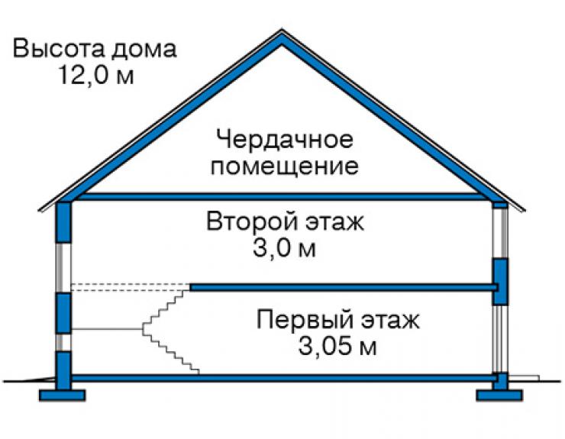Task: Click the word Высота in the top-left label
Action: pyautogui.click(x=59, y=49)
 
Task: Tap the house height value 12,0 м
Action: pyautogui.click(x=95, y=75)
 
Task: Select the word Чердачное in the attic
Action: pyautogui.click(x=285, y=139)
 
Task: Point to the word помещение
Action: pyautogui.click(x=285, y=166)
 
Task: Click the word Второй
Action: pyautogui.click(x=251, y=221)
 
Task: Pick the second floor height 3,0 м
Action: pyautogui.click(x=285, y=248)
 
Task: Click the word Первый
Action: pyautogui.click(x=305, y=319)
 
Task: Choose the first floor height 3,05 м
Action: pyautogui.click(x=337, y=347)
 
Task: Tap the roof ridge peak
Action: pyautogui.click(x=282, y=31)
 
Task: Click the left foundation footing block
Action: pyautogui.click(x=63, y=395)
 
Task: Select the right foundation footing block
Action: pyautogui.click(x=499, y=395)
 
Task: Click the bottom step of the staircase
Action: pyautogui.click(x=195, y=372)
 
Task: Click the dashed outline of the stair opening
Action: pyautogui.click(x=131, y=287)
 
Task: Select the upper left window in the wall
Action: pyautogui.click(x=63, y=267)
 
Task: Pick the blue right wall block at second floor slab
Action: pyautogui.click(x=500, y=282)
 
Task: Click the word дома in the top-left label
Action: pyautogui.click(x=144, y=50)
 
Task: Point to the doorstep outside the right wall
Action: pyautogui.click(x=524, y=378)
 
